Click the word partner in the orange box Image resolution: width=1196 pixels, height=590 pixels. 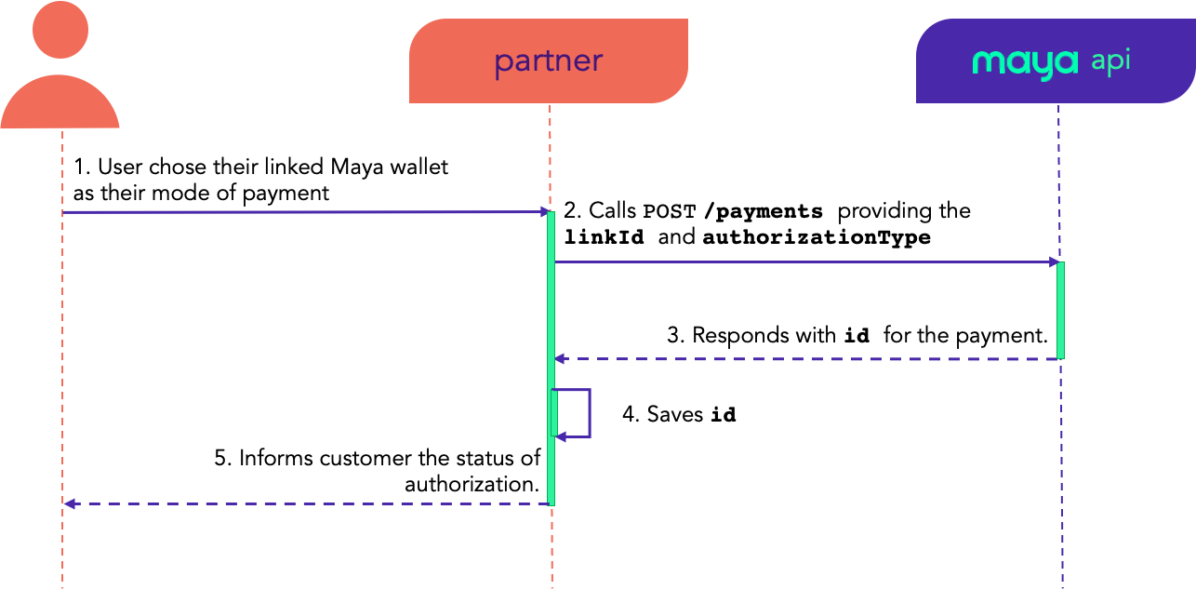pos(548,61)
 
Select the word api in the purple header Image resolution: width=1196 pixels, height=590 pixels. pos(1110,61)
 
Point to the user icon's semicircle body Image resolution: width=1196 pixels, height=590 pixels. pos(60,104)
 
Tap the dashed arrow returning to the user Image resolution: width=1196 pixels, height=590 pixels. pos(307,503)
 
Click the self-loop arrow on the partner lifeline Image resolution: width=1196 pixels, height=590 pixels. pos(590,412)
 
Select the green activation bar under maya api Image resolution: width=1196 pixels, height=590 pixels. pos(1060,310)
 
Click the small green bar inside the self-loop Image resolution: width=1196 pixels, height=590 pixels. pos(554,412)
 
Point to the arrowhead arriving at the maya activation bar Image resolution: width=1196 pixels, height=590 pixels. pos(1054,261)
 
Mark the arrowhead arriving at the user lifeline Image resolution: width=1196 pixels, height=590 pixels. pos(69,503)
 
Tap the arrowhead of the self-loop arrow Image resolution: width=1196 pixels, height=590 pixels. pos(561,436)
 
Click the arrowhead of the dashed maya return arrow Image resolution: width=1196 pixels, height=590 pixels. pos(560,358)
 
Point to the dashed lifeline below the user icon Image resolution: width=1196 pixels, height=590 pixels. pos(62,354)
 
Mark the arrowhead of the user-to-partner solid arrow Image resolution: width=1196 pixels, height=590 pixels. pos(546,212)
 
